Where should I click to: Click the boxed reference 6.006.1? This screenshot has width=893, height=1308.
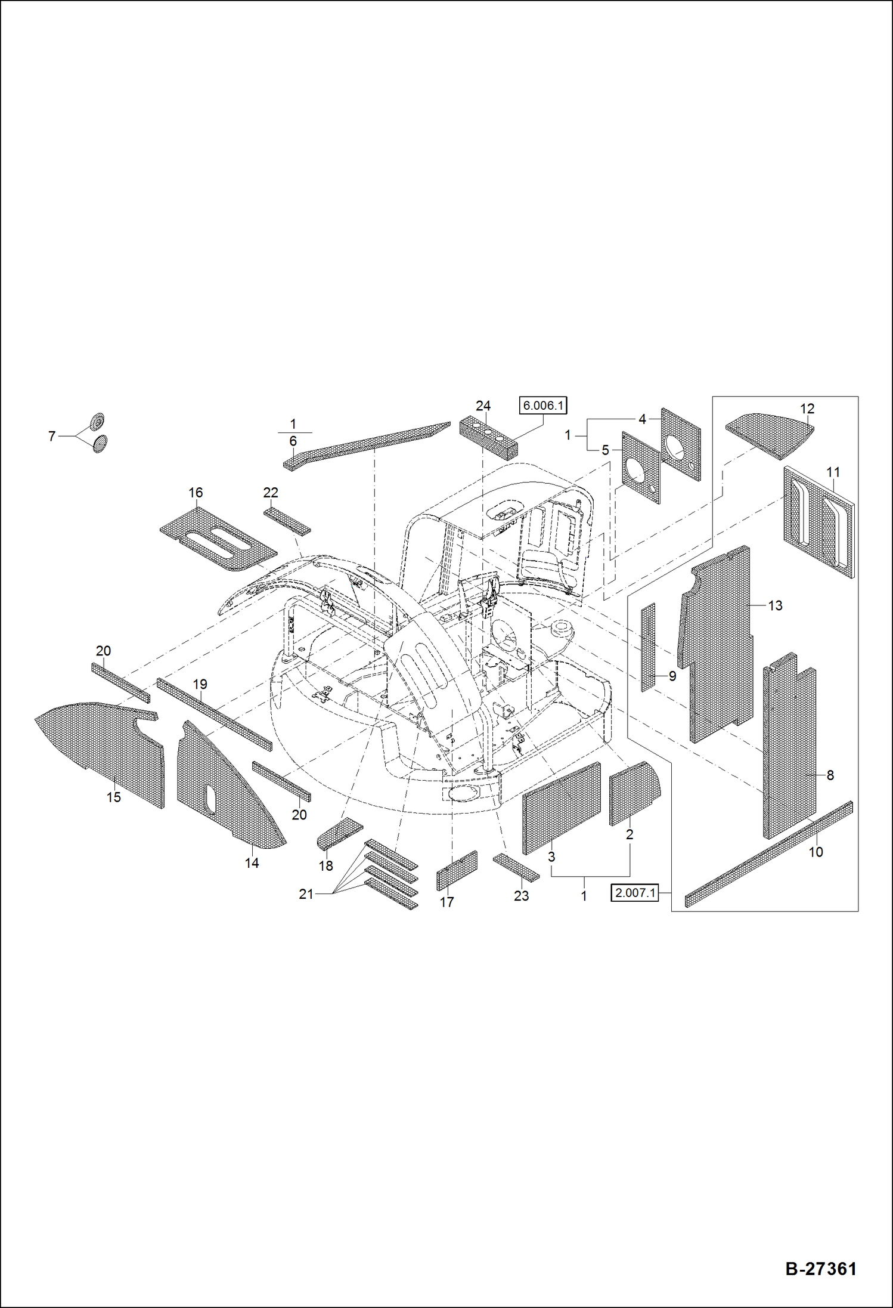(x=542, y=406)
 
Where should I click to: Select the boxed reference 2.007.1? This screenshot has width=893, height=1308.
(x=634, y=893)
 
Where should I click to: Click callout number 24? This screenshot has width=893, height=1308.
(x=483, y=406)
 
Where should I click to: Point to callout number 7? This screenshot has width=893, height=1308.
(x=52, y=437)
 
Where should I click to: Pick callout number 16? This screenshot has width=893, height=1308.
(x=196, y=493)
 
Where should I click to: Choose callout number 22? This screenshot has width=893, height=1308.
(x=271, y=493)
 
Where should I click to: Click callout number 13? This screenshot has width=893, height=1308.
(x=775, y=605)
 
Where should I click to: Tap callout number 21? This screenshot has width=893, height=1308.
(x=306, y=894)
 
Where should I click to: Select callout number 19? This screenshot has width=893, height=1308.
(x=200, y=684)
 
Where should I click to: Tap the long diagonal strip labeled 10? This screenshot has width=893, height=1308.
(x=769, y=854)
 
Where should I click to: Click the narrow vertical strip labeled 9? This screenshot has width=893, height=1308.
(x=648, y=647)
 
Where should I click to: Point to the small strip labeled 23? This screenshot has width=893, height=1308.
(x=516, y=867)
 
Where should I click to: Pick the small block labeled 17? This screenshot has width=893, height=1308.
(x=457, y=870)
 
